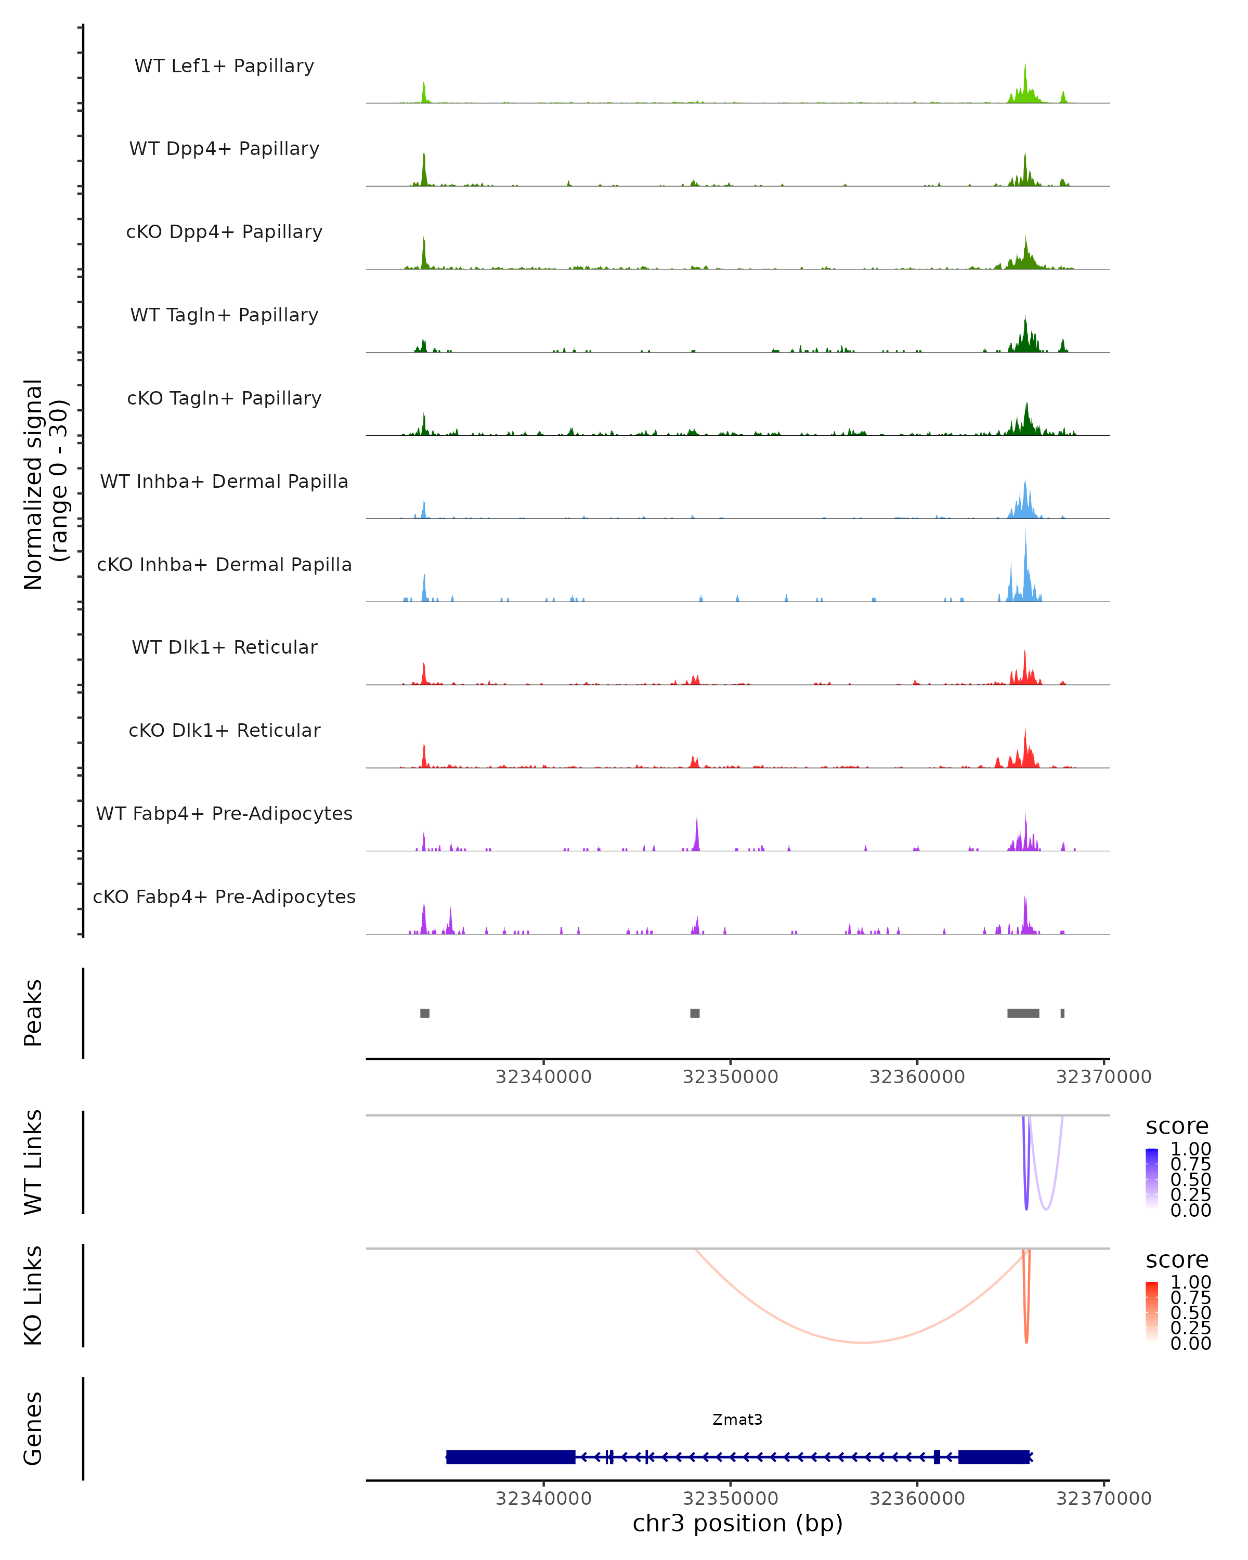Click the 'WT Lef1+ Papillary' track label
point(224,66)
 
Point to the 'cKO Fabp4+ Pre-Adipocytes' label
point(224,896)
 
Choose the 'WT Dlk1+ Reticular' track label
point(224,647)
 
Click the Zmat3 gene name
point(737,1419)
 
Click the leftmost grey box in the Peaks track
point(425,1013)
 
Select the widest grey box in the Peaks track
point(1023,1013)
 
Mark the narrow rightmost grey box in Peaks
point(1062,1013)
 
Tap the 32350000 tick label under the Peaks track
point(730,1077)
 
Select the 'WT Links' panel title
point(33,1162)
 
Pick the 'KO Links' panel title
point(33,1295)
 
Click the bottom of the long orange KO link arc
point(861,1342)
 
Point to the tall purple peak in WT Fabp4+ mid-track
point(697,832)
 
